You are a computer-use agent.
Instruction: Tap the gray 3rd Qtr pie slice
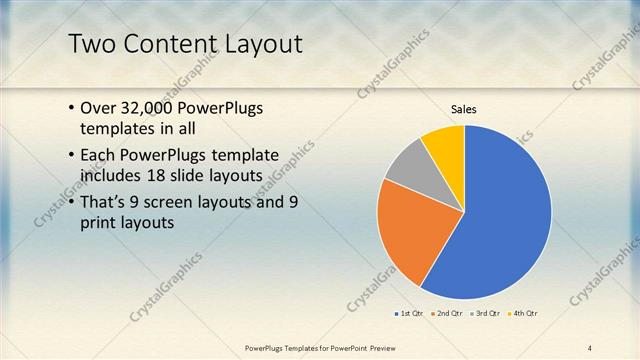tap(407, 167)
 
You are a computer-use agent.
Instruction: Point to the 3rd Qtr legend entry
tap(485, 314)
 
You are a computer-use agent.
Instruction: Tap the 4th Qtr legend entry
tap(523, 314)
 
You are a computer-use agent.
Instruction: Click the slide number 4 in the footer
tap(589, 347)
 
